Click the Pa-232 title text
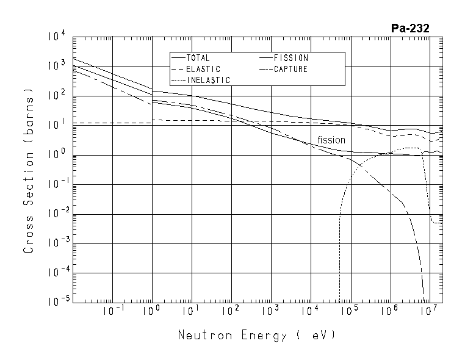pos(410,28)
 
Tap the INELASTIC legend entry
pos(207,80)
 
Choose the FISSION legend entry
pos(290,58)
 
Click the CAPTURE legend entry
pos(290,69)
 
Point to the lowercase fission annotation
pos(331,140)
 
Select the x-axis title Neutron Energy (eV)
pos(256,335)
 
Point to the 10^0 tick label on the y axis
pos(56,154)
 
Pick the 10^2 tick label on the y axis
pos(56,96)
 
